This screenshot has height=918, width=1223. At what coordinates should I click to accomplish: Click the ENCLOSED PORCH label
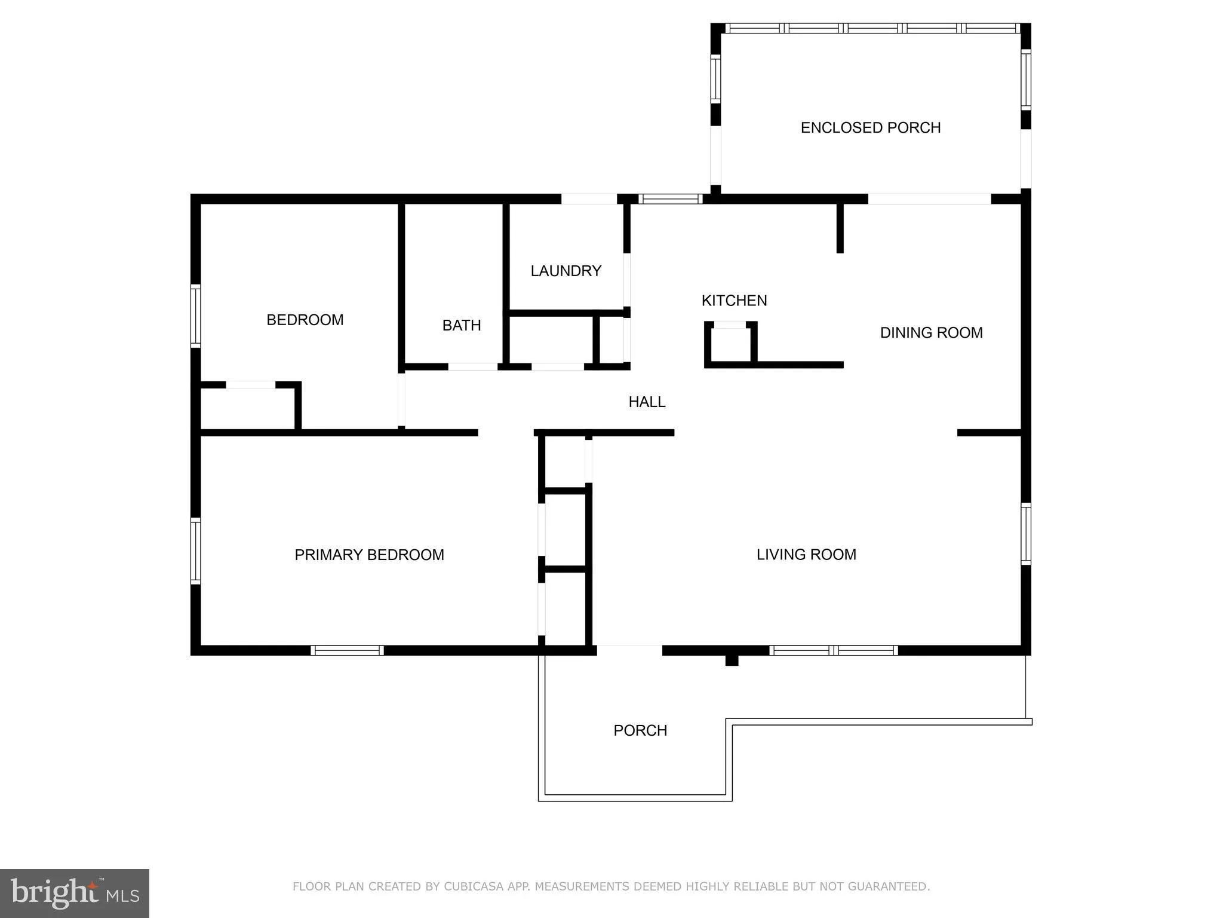pos(870,127)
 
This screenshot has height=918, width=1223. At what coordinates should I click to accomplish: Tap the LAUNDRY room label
pos(566,271)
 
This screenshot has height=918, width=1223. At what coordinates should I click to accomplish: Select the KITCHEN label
pos(734,300)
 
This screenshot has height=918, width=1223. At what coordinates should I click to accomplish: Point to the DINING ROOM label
pos(931,332)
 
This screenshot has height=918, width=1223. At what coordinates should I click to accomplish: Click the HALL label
pos(647,402)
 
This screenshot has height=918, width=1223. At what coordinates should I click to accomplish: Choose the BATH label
pos(462,325)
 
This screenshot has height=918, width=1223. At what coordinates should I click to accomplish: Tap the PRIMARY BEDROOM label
pos(369,555)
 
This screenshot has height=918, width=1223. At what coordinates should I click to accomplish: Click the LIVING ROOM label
pos(806,554)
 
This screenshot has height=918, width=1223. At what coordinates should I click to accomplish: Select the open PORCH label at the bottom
pos(640,730)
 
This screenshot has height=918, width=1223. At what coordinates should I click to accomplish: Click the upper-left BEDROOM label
pos(305,320)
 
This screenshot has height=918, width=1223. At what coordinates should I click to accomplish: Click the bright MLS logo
pos(75,893)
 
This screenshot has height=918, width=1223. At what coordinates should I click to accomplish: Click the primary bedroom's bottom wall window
pos(347,650)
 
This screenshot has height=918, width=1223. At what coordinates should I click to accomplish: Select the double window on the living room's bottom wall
pos(833,650)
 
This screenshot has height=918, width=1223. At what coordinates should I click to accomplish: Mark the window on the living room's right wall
pos(1026,534)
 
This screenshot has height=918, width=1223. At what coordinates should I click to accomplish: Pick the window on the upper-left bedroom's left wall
pos(195,316)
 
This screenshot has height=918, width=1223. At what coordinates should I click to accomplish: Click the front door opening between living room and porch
pos(629,650)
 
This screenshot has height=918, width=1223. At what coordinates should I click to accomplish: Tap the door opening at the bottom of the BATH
pos(472,366)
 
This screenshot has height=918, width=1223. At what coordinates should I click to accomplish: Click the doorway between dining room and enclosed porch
pos(929,198)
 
